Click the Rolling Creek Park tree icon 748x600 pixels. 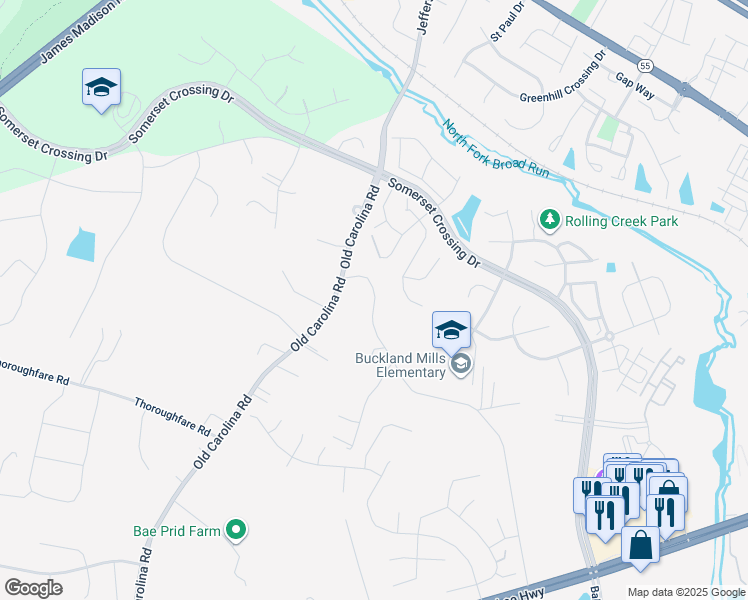click(549, 220)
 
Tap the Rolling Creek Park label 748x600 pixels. click(621, 221)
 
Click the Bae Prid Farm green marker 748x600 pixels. click(236, 530)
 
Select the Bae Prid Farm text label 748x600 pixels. click(176, 531)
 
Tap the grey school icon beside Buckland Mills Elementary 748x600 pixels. click(460, 363)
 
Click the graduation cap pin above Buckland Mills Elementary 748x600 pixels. click(451, 330)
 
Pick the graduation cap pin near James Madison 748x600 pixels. click(101, 87)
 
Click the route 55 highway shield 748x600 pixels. click(647, 66)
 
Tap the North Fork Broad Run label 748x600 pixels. click(496, 149)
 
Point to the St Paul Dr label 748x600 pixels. click(508, 22)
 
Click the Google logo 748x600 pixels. click(33, 588)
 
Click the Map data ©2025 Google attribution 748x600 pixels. click(686, 592)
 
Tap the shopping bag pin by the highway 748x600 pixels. click(640, 546)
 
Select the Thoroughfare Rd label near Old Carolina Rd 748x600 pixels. click(173, 416)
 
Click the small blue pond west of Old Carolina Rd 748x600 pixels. click(81, 245)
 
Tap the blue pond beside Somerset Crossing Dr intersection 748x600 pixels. click(466, 214)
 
